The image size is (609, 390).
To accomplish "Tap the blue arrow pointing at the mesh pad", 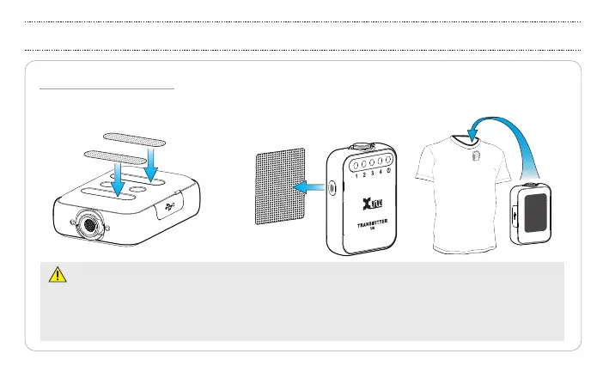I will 308,186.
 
